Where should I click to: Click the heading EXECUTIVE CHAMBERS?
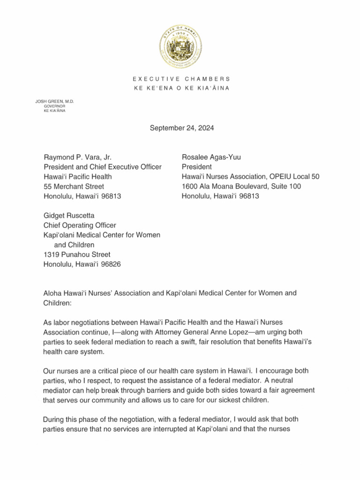pos(180,79)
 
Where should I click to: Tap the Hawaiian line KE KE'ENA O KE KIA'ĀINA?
pos(180,89)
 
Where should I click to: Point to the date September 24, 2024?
pos(182,127)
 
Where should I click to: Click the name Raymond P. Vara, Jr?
pos(77,157)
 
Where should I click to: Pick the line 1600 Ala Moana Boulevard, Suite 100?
pos(241,187)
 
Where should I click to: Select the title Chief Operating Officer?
pos(80,225)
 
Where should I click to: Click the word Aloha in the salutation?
pos(52,293)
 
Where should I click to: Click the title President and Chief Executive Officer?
pos(103,167)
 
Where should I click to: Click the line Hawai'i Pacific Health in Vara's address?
pos(78,177)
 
